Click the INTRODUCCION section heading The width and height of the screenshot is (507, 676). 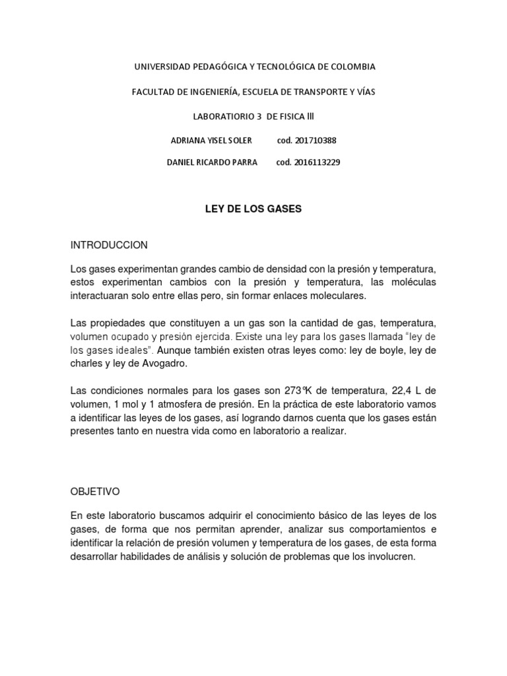pyautogui.click(x=109, y=245)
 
